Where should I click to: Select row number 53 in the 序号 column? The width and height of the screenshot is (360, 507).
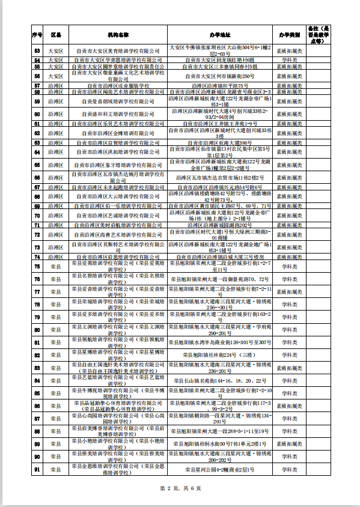pyautogui.click(x=37, y=50)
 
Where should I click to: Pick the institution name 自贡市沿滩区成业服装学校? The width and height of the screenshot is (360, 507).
pyautogui.click(x=118, y=86)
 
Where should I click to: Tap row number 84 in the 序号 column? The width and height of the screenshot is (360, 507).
pyautogui.click(x=37, y=380)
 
